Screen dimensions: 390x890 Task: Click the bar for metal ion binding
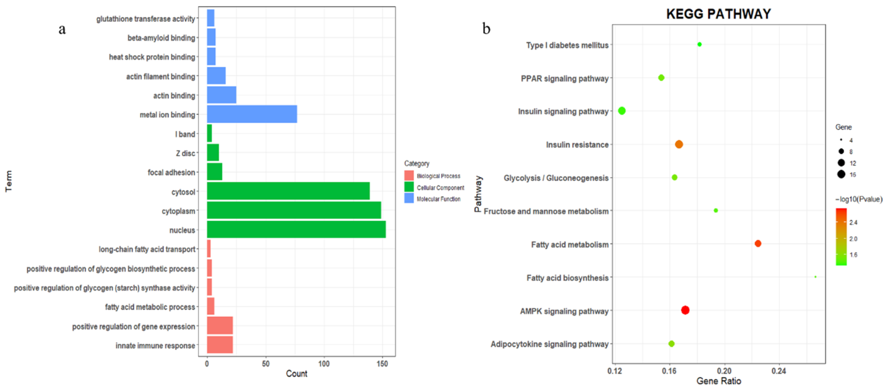[x=252, y=114]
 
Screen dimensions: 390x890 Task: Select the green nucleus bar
[x=296, y=230]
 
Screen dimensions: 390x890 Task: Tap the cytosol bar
[x=288, y=191]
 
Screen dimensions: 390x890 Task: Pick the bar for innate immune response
[x=220, y=345]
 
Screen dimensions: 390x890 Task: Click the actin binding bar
[x=221, y=95]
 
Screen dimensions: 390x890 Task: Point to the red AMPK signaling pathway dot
[x=685, y=310]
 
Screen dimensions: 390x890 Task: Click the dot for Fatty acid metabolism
[x=758, y=243]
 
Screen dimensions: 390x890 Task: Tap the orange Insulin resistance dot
[x=678, y=144]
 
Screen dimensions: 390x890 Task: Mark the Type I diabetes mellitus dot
[x=699, y=44]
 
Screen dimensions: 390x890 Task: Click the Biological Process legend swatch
[x=409, y=176]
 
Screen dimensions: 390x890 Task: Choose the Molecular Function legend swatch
[x=409, y=199]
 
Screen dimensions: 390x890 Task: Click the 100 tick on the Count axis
[x=324, y=364]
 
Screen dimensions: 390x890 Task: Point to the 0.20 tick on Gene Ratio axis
[x=724, y=371]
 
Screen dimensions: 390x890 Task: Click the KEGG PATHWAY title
[x=718, y=14]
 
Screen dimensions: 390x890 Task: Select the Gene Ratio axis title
[x=718, y=381]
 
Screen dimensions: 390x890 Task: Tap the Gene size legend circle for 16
[x=841, y=174]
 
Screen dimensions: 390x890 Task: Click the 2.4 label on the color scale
[x=853, y=223]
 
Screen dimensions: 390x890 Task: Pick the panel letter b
[x=486, y=29]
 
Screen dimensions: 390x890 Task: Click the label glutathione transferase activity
[x=145, y=19]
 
